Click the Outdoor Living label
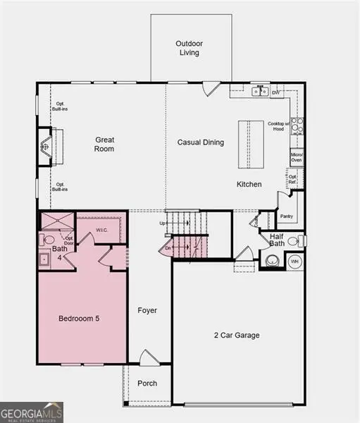tap(188, 48)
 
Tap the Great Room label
tap(104, 145)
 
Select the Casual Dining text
tap(200, 142)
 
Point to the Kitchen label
tap(249, 184)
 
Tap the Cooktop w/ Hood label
tap(278, 126)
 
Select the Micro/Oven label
tap(297, 157)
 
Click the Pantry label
tap(286, 216)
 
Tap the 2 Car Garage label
tap(236, 335)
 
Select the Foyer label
tap(147, 310)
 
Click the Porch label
tap(147, 384)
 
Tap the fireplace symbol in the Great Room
tap(46, 146)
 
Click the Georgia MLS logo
tap(32, 411)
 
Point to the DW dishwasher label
tap(277, 92)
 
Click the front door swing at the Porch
tap(149, 358)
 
